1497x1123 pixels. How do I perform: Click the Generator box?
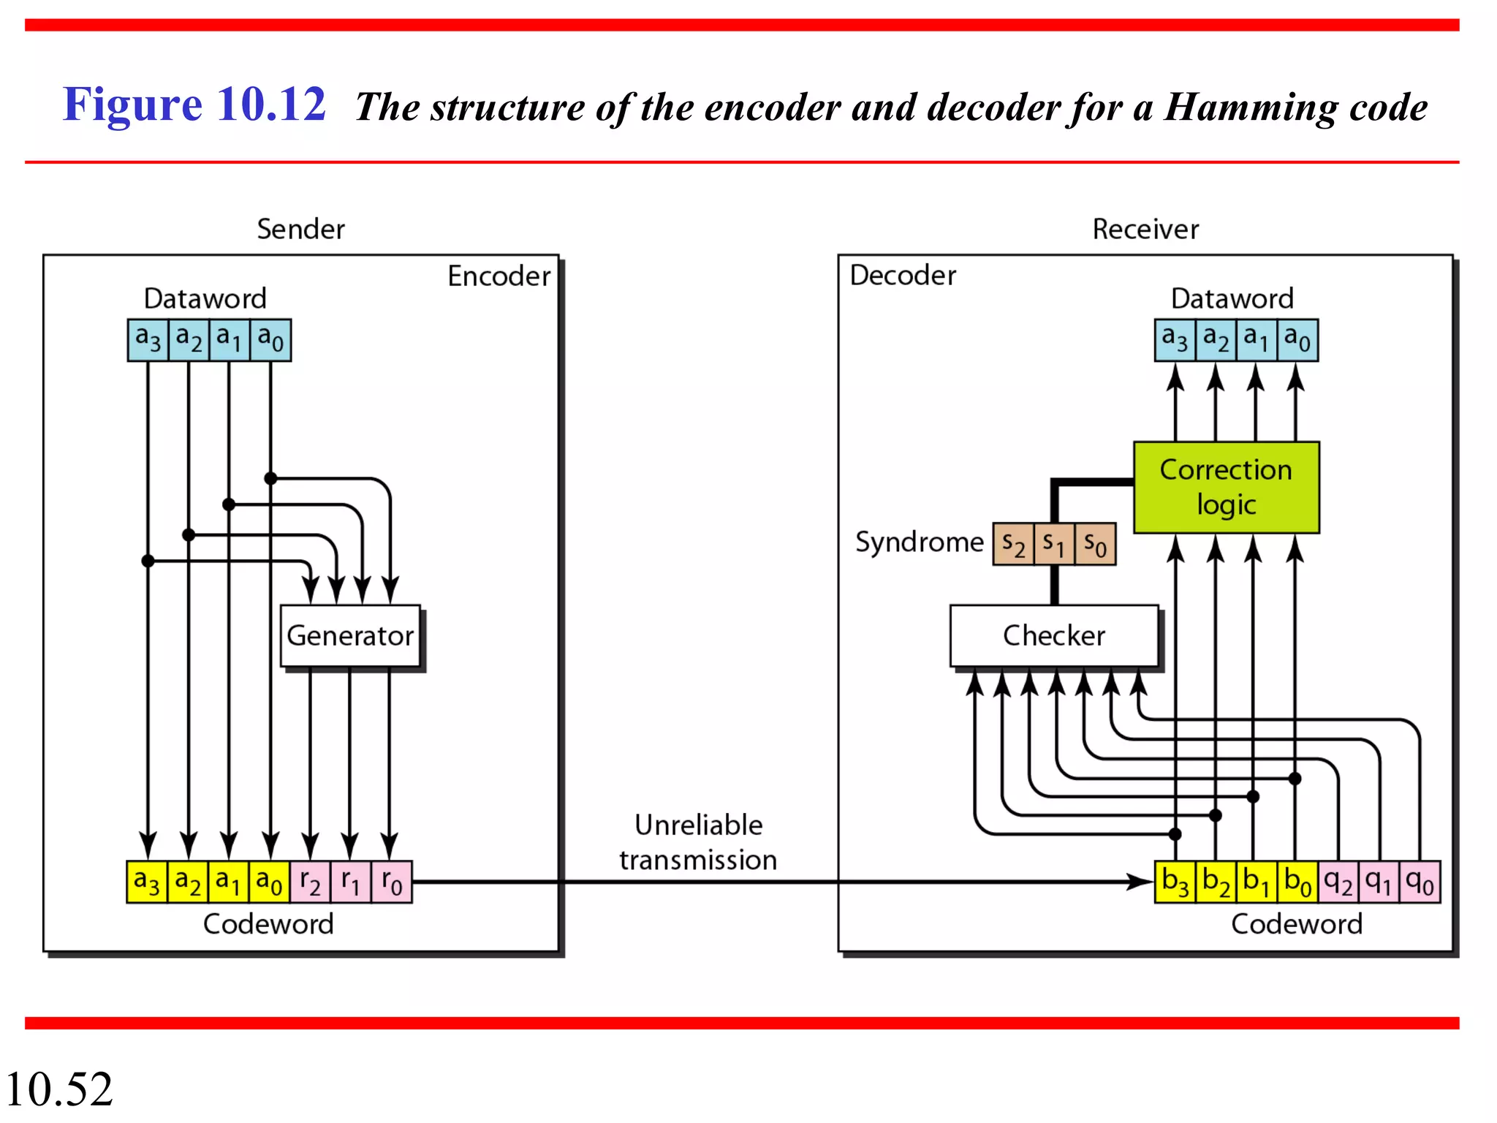(x=350, y=635)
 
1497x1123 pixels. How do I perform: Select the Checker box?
(x=1053, y=635)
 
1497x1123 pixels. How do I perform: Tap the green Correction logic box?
(x=1226, y=487)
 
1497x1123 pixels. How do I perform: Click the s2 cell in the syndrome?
(x=1013, y=544)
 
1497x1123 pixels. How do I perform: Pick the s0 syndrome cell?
(x=1095, y=544)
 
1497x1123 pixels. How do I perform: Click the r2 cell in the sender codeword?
(x=310, y=882)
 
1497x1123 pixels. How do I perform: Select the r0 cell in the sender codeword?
(x=392, y=882)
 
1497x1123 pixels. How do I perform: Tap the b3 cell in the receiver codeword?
(x=1175, y=882)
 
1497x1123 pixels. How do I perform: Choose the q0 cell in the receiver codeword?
(x=1420, y=882)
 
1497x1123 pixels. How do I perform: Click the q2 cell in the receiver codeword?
(x=1338, y=882)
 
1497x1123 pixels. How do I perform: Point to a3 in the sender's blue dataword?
(x=148, y=340)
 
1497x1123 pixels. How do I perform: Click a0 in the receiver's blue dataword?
(x=1297, y=340)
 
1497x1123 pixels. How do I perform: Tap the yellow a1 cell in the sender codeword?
(x=228, y=882)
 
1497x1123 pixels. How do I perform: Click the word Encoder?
(x=499, y=276)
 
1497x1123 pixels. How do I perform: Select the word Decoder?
(x=902, y=276)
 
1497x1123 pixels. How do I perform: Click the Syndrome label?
(x=919, y=542)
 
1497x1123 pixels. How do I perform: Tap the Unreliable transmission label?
(x=698, y=842)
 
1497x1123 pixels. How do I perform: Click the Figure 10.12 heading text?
(x=194, y=104)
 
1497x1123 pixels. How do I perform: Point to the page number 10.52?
(x=58, y=1089)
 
